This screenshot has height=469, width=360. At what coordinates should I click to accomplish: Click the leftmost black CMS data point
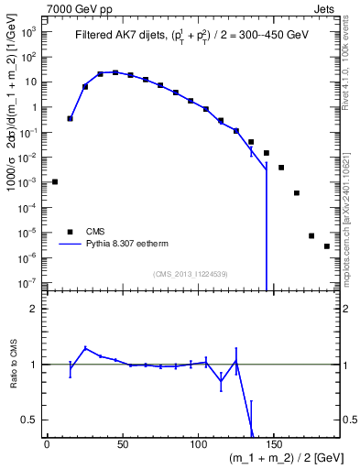(x=55, y=181)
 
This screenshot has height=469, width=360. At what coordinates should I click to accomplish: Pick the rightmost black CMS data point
(x=327, y=246)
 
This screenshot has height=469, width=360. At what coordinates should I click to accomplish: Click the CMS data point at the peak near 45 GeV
(x=115, y=72)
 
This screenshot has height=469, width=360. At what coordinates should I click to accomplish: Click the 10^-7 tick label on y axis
(x=28, y=284)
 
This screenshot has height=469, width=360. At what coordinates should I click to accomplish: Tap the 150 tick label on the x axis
(x=274, y=444)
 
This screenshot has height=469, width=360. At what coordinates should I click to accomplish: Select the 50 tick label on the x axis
(x=123, y=444)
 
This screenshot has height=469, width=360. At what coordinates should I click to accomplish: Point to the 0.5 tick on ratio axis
(x=32, y=420)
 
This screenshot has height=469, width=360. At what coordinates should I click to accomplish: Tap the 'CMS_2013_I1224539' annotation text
(x=190, y=274)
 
